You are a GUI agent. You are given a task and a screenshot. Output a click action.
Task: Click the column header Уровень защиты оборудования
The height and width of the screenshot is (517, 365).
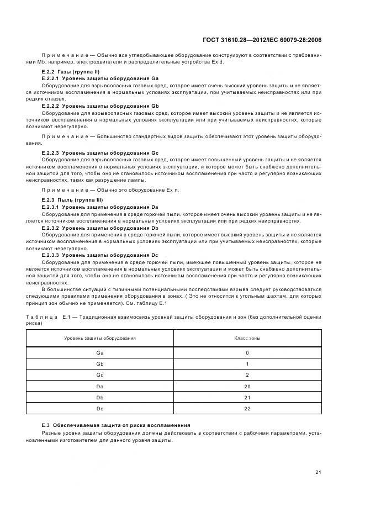99,337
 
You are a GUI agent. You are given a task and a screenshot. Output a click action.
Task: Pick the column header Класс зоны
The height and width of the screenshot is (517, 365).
247,337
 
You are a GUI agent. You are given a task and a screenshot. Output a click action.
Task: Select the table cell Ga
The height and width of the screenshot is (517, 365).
99,352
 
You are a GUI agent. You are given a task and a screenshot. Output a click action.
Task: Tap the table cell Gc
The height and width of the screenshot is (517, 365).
99,375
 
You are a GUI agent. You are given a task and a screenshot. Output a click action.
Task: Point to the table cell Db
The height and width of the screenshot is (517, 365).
99,397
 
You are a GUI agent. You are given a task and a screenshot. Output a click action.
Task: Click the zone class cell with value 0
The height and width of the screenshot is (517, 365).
247,352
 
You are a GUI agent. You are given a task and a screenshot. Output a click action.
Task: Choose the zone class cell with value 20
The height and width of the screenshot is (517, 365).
247,386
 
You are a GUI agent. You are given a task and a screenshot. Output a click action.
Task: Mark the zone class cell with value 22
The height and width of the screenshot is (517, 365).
247,408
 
